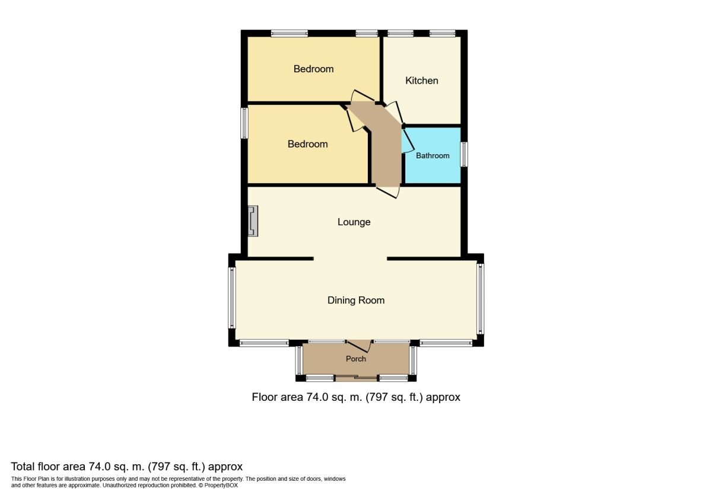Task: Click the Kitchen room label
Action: coord(422,81)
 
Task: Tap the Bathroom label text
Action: coord(433,156)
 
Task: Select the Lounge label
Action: coord(354,222)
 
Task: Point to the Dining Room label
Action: coord(356,301)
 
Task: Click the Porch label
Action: coord(356,359)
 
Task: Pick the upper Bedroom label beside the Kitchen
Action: coord(314,69)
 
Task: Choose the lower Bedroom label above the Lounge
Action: coord(308,144)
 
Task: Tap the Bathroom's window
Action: coord(464,154)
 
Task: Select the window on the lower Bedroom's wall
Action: coord(244,123)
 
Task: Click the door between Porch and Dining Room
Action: coord(358,347)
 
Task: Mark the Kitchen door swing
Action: coord(394,113)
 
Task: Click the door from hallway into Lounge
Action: coord(388,191)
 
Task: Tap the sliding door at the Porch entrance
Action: coord(356,377)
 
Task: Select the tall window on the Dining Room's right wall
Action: coord(481,298)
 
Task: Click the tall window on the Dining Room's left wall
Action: coord(232,298)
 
